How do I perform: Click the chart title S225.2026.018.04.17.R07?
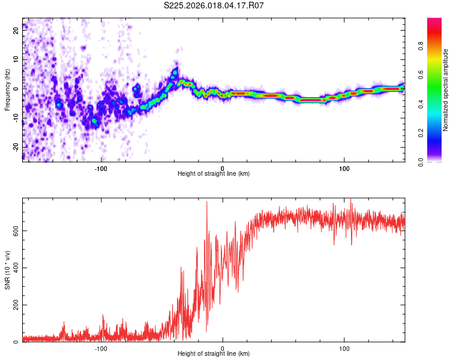[x=214, y=5]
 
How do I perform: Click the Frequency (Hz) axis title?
[x=7, y=89]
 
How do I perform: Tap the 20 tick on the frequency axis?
[x=16, y=32]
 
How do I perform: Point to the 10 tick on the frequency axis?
[x=16, y=61]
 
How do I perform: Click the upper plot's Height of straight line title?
[x=214, y=173]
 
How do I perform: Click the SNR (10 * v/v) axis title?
[x=7, y=269]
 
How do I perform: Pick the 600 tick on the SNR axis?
[x=14, y=231]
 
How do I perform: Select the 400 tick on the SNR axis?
[x=14, y=268]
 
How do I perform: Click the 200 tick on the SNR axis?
[x=14, y=305]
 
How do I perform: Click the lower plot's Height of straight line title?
[x=214, y=354]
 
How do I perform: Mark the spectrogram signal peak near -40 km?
[x=175, y=72]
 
